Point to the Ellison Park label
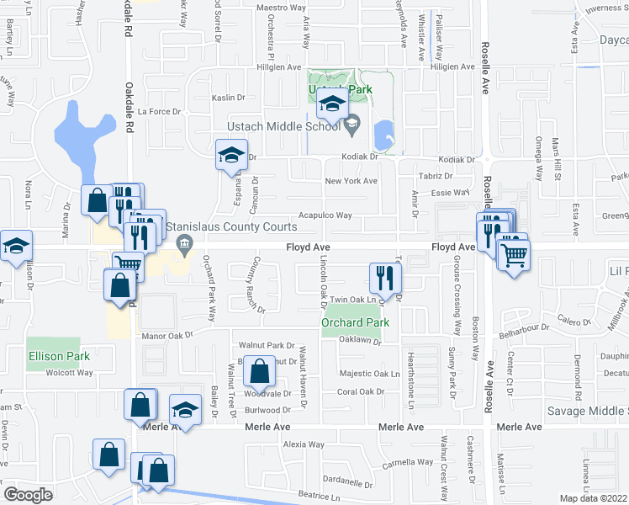[x=58, y=356]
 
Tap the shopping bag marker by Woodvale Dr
[x=260, y=370]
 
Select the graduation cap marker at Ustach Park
[x=331, y=104]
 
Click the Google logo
[x=28, y=494]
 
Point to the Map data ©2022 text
[x=594, y=498]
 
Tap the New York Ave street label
[x=351, y=181]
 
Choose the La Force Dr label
[x=160, y=111]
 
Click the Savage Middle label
[x=588, y=411]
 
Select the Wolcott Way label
[x=67, y=371]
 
